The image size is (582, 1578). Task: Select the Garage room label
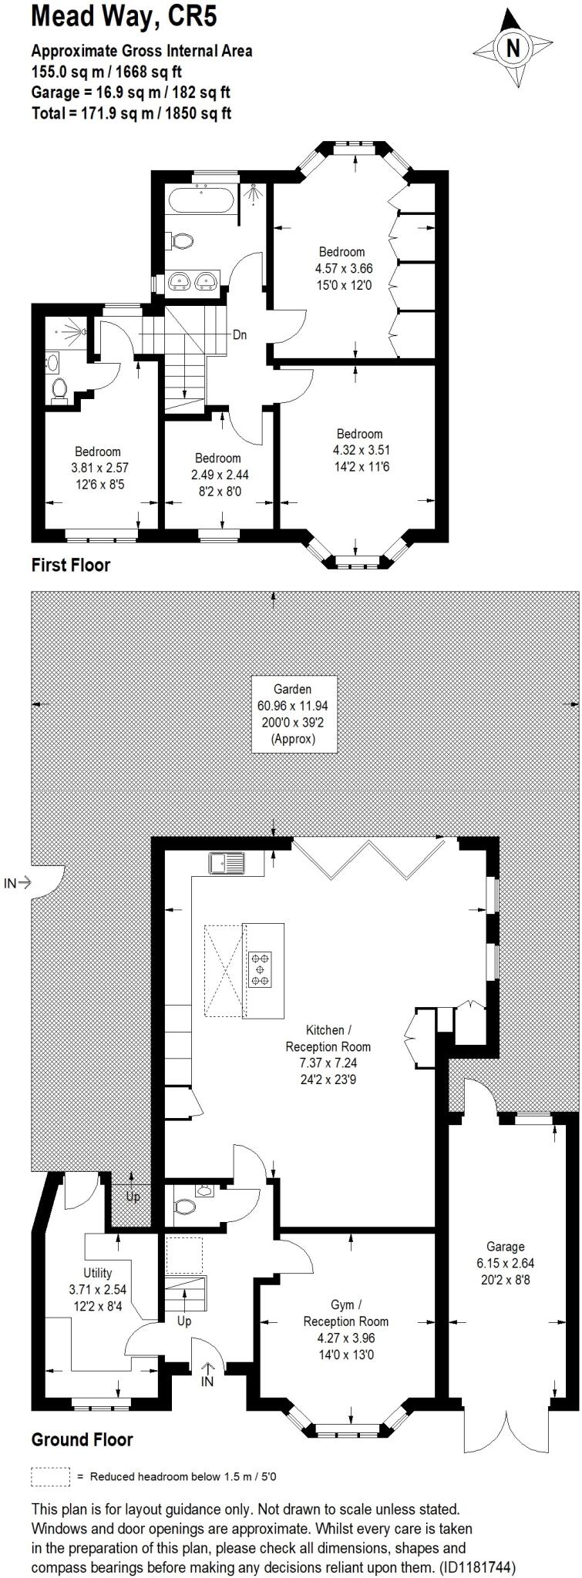pos(505,1246)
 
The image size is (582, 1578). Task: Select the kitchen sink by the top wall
pos(226,862)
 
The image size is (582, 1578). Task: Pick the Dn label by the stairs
pos(241,335)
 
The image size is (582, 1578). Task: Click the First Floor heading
pos(70,565)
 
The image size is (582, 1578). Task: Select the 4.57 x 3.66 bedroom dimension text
pos(344,269)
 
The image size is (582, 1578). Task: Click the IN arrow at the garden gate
pos(18,883)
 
